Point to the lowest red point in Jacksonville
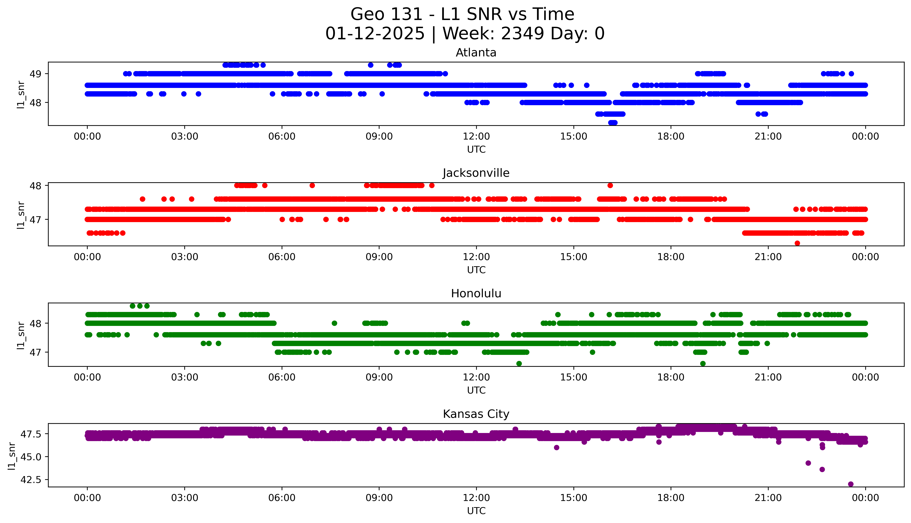click(797, 243)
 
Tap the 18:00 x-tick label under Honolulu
click(671, 377)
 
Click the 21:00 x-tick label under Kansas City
click(768, 498)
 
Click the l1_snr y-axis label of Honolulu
click(21, 335)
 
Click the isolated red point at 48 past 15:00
click(610, 185)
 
